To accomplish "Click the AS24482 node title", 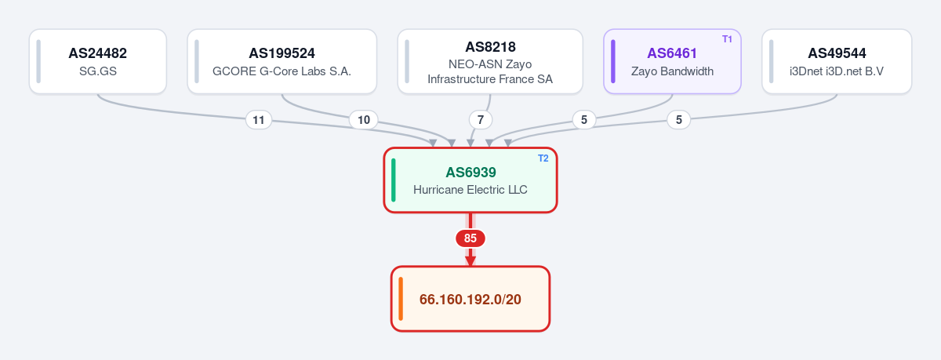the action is click(97, 53).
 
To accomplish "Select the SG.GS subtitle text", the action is click(98, 71).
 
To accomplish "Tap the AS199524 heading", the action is click(282, 53).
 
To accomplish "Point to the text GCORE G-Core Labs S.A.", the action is click(282, 71).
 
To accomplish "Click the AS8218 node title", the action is click(490, 47).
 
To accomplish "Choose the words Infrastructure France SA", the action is click(490, 79).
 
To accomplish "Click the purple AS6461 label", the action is click(672, 53).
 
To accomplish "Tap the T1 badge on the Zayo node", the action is click(727, 39).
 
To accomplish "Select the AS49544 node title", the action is click(837, 53).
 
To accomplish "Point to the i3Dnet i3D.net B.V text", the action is click(837, 71).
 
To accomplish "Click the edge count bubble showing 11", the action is click(258, 120).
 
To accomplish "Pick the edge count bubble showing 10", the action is click(364, 120).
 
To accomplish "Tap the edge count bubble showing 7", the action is click(481, 120).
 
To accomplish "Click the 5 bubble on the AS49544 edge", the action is click(679, 120).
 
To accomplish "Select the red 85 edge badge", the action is click(470, 238).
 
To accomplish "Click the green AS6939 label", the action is click(470, 173).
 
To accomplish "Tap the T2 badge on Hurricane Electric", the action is click(543, 158).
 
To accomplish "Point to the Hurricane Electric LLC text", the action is click(470, 190).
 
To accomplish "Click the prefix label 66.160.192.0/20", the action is click(470, 300).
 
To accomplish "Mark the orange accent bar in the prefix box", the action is click(401, 299).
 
